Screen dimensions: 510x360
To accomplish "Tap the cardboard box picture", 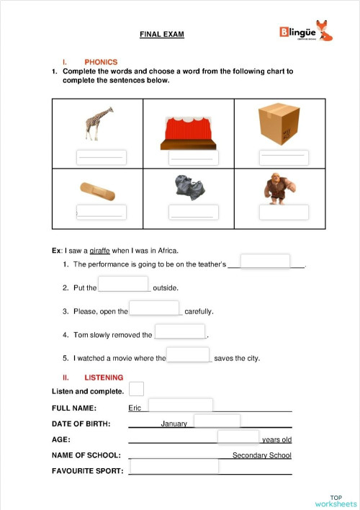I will tap(279, 122).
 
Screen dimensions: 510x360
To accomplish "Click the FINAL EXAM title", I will tap(161, 34).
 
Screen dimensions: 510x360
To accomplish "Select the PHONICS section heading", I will tap(100, 62).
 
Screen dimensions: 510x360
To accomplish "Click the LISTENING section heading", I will tap(104, 377).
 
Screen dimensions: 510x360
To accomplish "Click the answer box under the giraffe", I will tap(101, 157).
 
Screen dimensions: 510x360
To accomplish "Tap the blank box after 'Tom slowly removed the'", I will tap(180, 331).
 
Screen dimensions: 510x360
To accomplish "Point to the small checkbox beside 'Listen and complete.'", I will tap(136, 389).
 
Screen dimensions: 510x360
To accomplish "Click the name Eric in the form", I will tap(135, 408).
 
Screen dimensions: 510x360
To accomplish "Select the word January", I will tap(174, 424).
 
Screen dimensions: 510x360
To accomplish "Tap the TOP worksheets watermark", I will tap(336, 501).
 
